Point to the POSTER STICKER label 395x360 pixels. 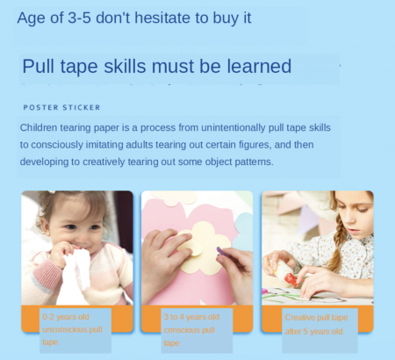(61, 108)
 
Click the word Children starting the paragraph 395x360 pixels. (41, 127)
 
